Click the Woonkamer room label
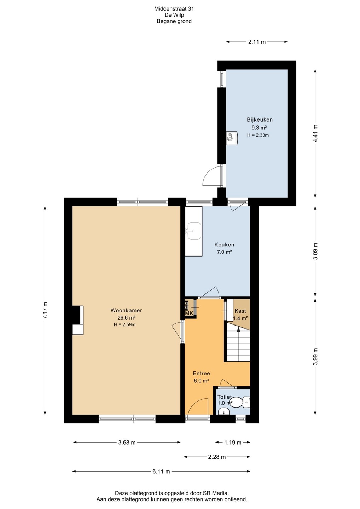[x=126, y=310]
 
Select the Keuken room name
[x=224, y=245]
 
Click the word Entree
[x=201, y=373]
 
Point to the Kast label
[x=240, y=311]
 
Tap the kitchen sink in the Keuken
[x=193, y=231]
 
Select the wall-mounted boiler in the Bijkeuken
[x=232, y=138]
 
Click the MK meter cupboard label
[x=189, y=313]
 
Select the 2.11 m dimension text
[x=257, y=42]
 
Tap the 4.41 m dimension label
[x=315, y=133]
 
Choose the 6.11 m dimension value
[x=161, y=472]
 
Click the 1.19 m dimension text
[x=233, y=443]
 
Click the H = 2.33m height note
[x=258, y=135]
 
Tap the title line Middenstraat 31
[x=174, y=9]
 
